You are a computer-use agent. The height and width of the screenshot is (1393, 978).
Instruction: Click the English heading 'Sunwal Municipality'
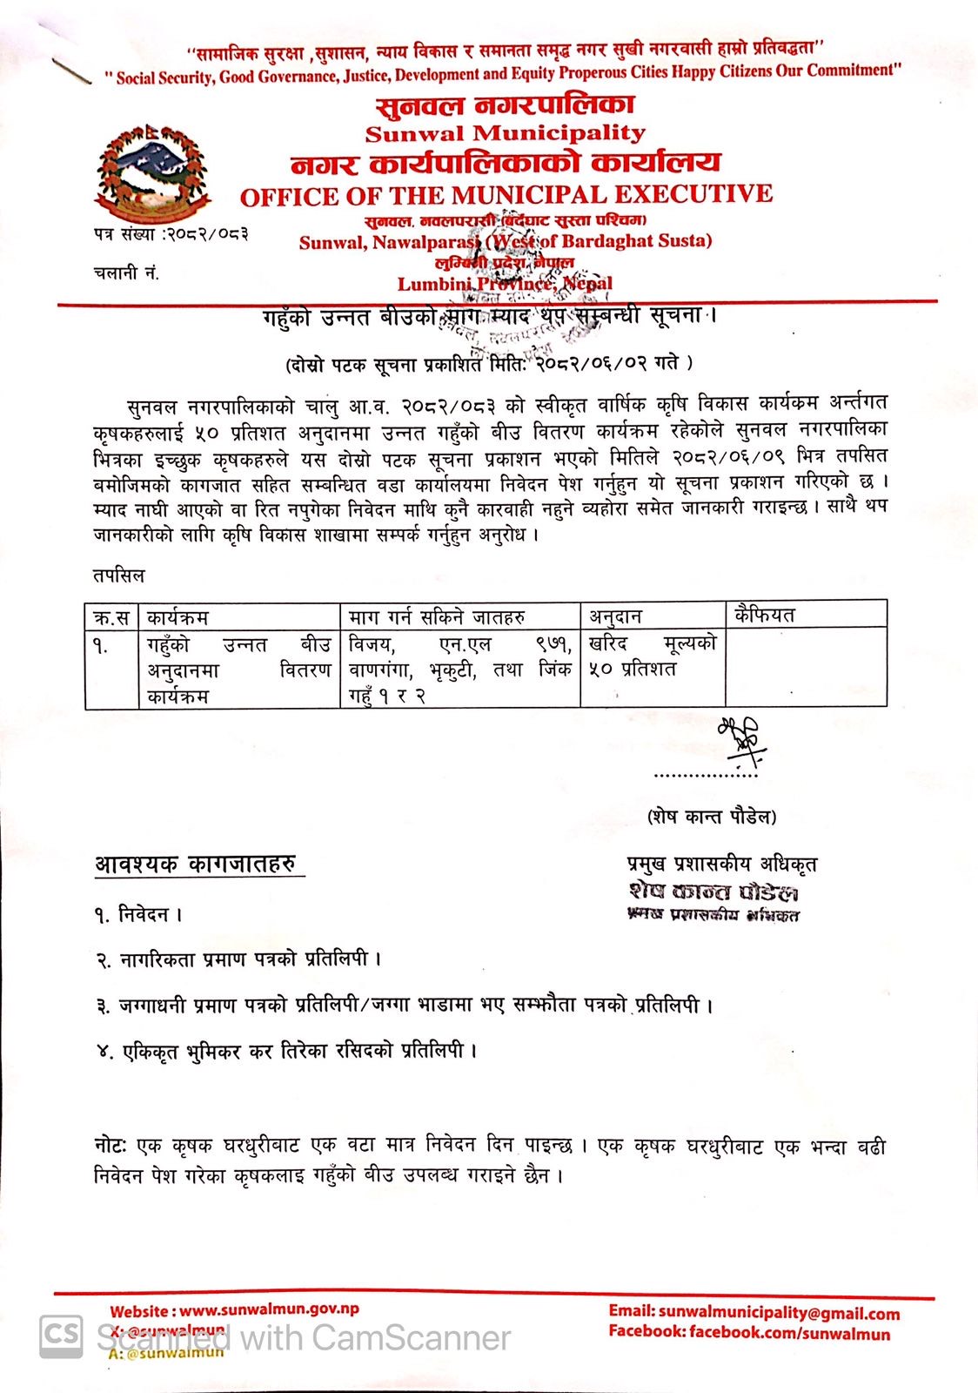pyautogui.click(x=505, y=133)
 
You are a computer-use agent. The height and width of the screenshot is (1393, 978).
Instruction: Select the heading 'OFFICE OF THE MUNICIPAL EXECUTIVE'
pyautogui.click(x=506, y=195)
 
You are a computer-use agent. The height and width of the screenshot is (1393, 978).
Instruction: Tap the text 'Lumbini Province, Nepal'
pyautogui.click(x=505, y=284)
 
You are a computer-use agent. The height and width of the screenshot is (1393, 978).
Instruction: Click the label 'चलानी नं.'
pyautogui.click(x=126, y=273)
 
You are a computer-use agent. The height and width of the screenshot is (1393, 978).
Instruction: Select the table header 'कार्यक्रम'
pyautogui.click(x=178, y=617)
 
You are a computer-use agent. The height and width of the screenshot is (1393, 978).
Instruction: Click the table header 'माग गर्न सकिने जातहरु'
pyautogui.click(x=437, y=617)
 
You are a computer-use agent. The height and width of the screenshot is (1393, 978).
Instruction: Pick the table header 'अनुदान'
pyautogui.click(x=615, y=616)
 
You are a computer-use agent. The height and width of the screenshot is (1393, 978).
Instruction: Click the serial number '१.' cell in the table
pyautogui.click(x=102, y=646)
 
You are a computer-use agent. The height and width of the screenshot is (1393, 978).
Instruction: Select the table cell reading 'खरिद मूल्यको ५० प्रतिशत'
pyautogui.click(x=652, y=656)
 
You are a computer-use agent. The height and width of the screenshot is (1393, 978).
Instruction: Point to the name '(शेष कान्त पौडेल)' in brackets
pyautogui.click(x=712, y=817)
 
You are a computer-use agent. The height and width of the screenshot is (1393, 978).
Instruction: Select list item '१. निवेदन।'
pyautogui.click(x=138, y=914)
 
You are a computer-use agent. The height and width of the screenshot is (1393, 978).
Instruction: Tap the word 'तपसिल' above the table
pyautogui.click(x=119, y=576)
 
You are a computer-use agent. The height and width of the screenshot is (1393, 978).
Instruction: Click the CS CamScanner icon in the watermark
pyautogui.click(x=61, y=1336)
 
